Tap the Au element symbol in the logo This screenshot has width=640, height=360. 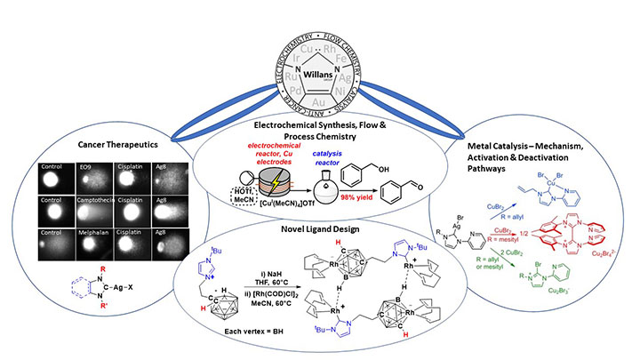point(320,100)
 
